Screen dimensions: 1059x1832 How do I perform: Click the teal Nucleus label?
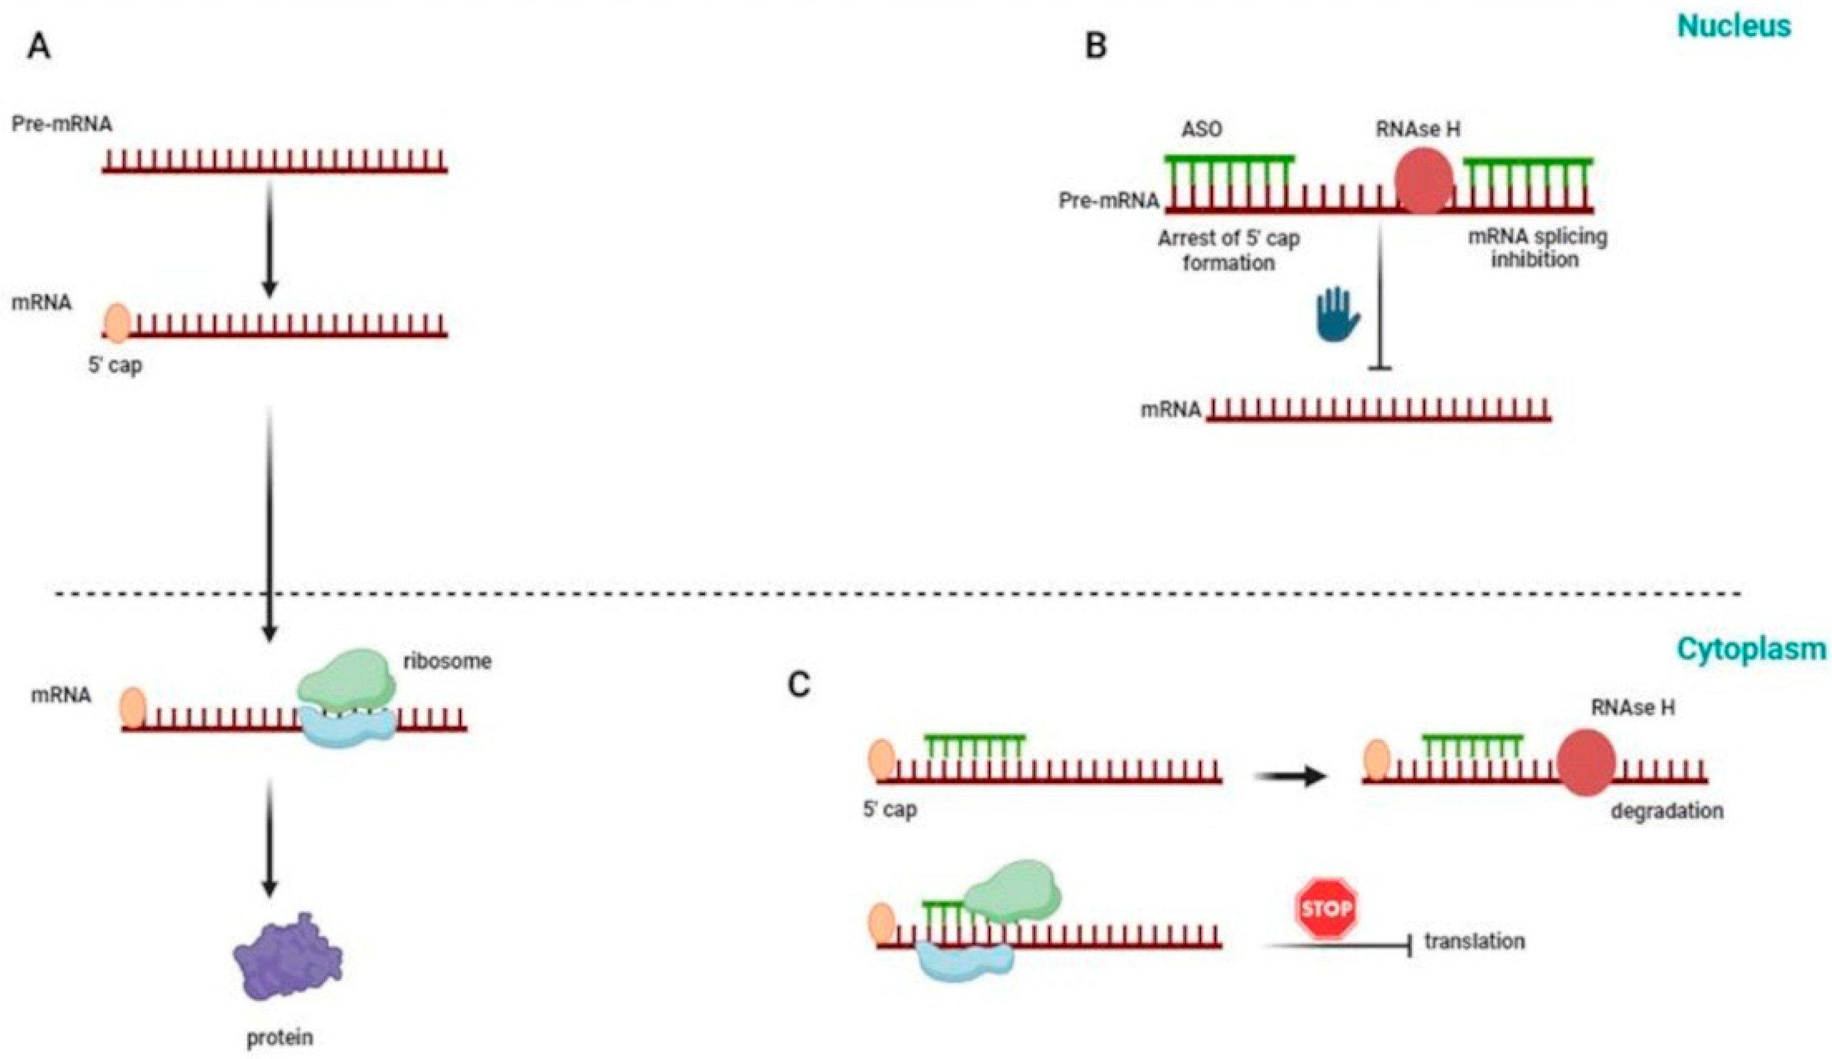click(x=1734, y=26)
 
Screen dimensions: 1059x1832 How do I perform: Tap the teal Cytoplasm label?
click(x=1753, y=649)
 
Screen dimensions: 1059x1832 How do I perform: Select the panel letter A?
click(x=39, y=47)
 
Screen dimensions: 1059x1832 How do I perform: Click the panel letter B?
click(x=1095, y=46)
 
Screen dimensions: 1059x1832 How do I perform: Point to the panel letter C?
click(x=799, y=685)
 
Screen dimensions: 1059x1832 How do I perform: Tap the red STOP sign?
click(x=1327, y=909)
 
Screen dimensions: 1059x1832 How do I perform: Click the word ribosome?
click(x=447, y=661)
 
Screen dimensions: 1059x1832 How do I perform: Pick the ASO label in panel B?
click(x=1202, y=130)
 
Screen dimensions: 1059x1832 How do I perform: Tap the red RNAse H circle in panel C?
click(x=1585, y=763)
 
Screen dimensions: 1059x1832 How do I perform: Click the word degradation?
click(x=1667, y=811)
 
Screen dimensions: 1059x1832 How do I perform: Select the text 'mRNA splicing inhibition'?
click(x=1537, y=248)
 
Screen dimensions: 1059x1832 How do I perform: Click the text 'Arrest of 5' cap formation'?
click(x=1229, y=250)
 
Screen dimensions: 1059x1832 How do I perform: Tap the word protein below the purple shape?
click(x=280, y=1038)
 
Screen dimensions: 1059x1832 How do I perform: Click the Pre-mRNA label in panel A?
click(x=63, y=124)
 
